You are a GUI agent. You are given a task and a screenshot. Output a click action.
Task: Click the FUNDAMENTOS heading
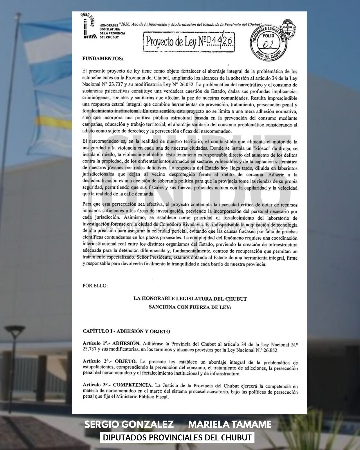(x=103, y=59)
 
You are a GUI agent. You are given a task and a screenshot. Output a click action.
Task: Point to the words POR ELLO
(x=95, y=286)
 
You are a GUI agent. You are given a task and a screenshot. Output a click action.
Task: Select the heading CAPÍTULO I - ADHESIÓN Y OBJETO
(x=126, y=331)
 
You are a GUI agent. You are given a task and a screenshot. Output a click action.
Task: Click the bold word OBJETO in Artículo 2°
(x=125, y=361)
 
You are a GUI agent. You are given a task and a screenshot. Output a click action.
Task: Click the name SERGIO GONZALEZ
(x=129, y=424)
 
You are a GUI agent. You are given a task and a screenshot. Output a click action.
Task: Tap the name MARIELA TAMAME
(x=230, y=424)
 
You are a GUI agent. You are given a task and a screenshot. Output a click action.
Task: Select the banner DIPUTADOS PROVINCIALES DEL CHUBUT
(x=177, y=437)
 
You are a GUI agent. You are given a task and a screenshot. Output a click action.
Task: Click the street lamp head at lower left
(x=15, y=331)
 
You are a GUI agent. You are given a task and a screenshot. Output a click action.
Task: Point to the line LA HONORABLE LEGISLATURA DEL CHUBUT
(x=190, y=299)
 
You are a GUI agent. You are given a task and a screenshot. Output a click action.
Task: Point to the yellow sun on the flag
(x=55, y=120)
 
